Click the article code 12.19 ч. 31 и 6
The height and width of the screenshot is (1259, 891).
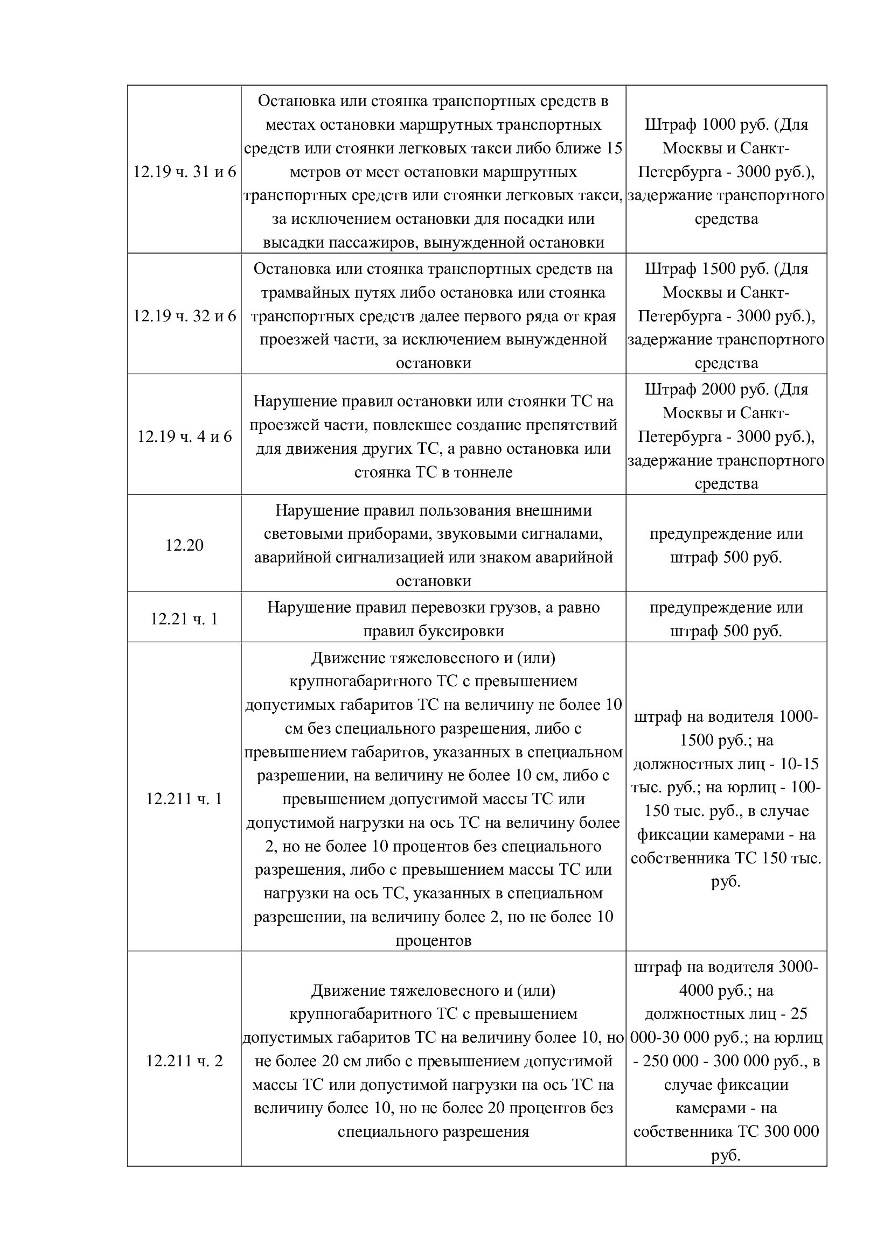(x=184, y=172)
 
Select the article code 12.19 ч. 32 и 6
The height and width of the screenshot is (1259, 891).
(x=184, y=316)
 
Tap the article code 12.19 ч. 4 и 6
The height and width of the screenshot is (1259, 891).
(x=184, y=437)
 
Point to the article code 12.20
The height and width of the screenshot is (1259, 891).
(x=184, y=546)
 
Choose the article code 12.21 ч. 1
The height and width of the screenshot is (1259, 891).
(x=184, y=620)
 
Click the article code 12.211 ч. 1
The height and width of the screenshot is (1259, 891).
(x=184, y=799)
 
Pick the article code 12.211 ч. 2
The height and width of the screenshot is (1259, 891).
(x=184, y=1061)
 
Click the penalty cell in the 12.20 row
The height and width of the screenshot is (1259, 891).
(x=726, y=546)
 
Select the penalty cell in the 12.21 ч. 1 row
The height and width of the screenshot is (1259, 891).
(x=726, y=620)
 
